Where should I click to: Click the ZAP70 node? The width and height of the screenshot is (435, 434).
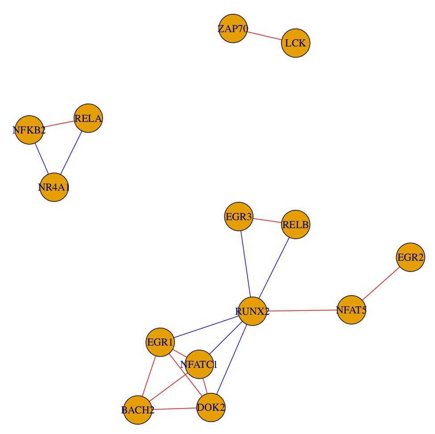pos(233,29)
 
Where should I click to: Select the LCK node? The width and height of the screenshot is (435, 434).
pos(295,43)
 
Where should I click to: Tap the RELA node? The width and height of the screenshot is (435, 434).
pos(88,118)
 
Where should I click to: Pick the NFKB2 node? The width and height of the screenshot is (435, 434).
pos(29,130)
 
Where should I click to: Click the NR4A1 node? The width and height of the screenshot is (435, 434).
pos(54,187)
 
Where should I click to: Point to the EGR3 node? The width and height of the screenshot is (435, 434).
pos(239,217)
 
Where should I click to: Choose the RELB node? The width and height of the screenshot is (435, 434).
pos(295,225)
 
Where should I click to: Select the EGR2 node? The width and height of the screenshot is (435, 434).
pos(410,257)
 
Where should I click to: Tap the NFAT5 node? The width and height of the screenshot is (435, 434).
pos(352,310)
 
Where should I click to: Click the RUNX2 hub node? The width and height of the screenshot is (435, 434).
pos(253,311)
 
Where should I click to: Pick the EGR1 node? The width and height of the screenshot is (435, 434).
pos(160,342)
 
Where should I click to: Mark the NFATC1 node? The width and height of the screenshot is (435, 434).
pos(199,364)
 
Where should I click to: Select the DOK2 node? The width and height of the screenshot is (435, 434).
pos(211,407)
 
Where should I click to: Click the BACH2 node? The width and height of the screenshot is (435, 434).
pos(138,409)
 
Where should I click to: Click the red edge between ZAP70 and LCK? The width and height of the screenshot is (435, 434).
pos(264,36)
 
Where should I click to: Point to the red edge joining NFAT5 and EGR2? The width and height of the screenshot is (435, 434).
pos(381,284)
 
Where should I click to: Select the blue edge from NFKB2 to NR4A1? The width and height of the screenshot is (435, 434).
pos(41,159)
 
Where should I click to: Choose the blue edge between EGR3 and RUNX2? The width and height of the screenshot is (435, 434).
pos(245,264)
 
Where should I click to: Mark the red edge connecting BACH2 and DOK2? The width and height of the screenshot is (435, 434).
pos(174,409)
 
